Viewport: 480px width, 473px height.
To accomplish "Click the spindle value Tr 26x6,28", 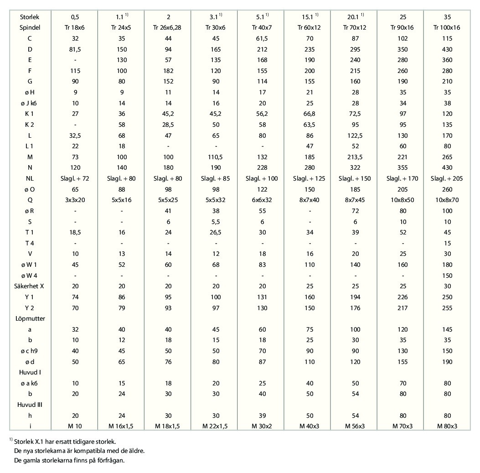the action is click(167, 27).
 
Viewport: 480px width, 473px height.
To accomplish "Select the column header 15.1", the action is click(307, 17).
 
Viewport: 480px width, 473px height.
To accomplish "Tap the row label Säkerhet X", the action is click(29, 286).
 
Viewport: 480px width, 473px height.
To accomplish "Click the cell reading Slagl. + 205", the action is click(447, 179).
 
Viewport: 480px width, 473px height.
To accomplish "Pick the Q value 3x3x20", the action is click(75, 200).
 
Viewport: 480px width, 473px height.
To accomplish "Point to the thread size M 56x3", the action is click(355, 426).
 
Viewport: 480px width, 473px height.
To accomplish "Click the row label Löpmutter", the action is click(30, 318).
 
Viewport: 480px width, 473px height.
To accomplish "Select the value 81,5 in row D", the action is click(75, 49).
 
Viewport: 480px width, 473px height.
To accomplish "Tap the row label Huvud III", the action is click(30, 405).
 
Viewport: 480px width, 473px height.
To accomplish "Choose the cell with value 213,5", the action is click(355, 157).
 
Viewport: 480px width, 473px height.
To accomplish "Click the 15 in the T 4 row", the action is click(447, 243).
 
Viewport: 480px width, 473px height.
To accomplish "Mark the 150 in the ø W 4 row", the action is click(447, 275).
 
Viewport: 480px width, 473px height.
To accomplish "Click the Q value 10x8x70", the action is click(447, 200).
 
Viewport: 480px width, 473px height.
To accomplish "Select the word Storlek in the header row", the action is click(30, 17).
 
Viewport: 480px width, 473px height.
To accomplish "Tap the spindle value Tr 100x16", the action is click(447, 27).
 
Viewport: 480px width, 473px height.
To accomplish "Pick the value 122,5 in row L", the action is click(355, 136).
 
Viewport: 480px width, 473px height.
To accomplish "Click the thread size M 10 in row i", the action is click(75, 426).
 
